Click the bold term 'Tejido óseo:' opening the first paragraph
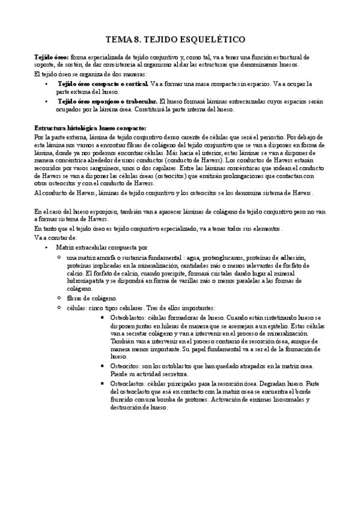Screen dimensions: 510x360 [x=52, y=57]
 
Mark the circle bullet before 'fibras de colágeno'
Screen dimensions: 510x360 [x=59, y=298]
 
